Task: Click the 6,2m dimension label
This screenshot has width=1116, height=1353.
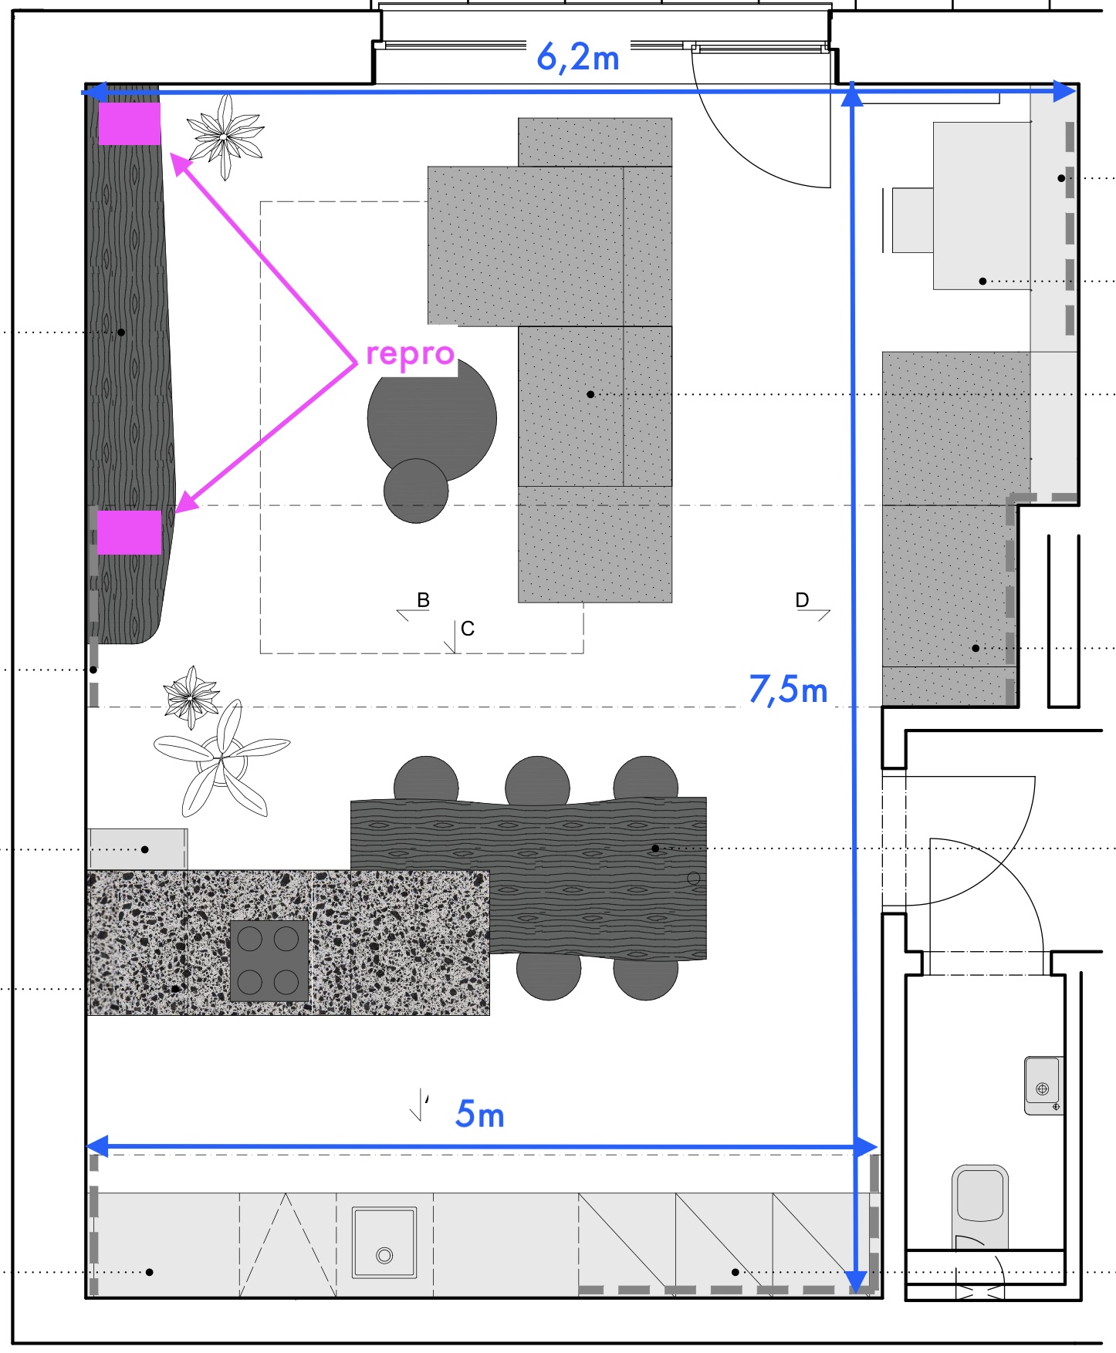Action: tap(578, 58)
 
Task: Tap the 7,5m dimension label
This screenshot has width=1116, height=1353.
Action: tap(788, 689)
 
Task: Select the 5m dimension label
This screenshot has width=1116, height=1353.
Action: tap(480, 1114)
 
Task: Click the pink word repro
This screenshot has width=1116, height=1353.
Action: tap(410, 354)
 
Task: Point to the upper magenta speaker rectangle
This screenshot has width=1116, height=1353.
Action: tap(130, 124)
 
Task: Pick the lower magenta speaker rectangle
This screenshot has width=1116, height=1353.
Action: tap(129, 532)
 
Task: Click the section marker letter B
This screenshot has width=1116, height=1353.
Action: tap(423, 599)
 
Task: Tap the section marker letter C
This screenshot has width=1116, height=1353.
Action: tap(468, 629)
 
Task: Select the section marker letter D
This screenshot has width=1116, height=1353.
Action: tap(802, 599)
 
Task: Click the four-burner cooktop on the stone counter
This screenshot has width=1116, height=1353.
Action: tap(269, 961)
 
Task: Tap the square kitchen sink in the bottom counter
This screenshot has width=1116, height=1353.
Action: tap(384, 1243)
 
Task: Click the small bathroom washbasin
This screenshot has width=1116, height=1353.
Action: tap(1043, 1085)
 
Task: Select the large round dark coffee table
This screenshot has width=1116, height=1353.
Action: tap(432, 419)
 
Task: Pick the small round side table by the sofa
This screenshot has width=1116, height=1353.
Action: tap(416, 491)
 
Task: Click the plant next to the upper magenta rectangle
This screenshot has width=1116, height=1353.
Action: tap(225, 137)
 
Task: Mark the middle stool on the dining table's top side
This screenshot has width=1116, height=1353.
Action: tap(538, 781)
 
